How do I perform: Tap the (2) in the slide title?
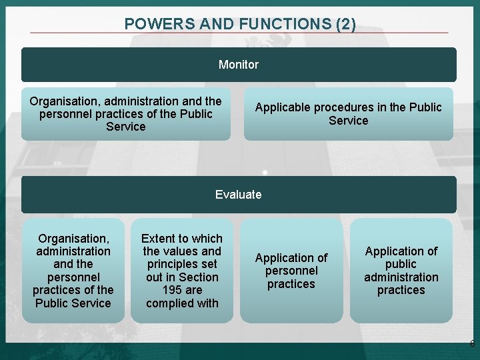[x=346, y=25]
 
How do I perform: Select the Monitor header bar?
[x=239, y=65]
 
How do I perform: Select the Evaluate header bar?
[x=239, y=195]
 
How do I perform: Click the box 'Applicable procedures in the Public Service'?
[x=348, y=114]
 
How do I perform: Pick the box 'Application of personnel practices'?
[x=291, y=271]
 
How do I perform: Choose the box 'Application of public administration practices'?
[x=401, y=271]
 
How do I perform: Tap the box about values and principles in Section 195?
[x=182, y=271]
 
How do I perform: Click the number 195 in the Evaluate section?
[x=182, y=290]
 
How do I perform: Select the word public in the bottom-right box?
[x=401, y=264]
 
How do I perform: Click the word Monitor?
[x=239, y=65]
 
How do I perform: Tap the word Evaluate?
[x=239, y=195]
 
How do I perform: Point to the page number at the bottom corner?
[x=472, y=344]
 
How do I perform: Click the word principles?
[x=182, y=264]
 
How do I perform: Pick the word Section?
[x=199, y=277]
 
